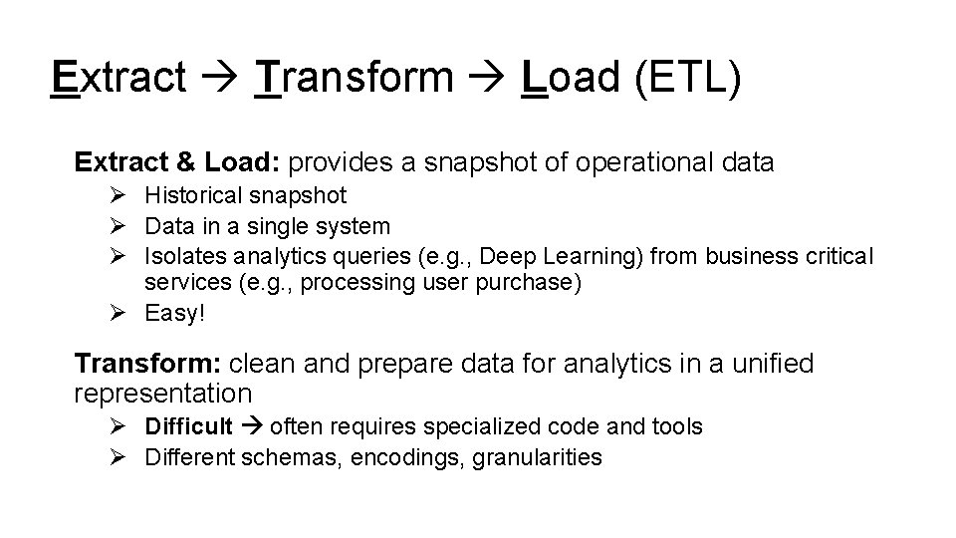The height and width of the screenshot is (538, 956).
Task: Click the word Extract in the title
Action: (119, 78)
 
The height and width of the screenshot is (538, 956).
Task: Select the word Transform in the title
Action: (354, 78)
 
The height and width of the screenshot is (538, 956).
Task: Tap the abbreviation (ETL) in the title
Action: (685, 78)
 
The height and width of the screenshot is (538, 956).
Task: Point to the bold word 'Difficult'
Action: (189, 427)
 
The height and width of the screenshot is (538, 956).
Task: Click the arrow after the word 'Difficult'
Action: (250, 427)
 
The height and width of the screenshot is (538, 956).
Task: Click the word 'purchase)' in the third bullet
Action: (538, 283)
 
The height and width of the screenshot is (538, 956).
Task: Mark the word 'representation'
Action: (162, 393)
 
